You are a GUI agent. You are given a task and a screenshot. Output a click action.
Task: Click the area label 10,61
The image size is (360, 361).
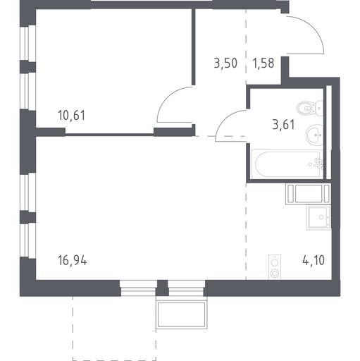point(72,115)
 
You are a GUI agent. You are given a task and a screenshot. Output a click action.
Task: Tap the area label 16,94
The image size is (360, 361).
point(73,261)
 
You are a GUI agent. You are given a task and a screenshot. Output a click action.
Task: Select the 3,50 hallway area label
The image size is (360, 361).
point(225,63)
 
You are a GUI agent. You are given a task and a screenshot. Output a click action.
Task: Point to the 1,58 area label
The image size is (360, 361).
point(263,63)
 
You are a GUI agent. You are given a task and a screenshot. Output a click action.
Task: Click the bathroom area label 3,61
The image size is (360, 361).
point(283,124)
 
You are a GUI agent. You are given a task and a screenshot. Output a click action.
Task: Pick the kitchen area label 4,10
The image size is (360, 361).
point(314,260)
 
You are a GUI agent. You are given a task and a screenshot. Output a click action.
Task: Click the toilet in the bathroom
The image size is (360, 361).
point(310,109)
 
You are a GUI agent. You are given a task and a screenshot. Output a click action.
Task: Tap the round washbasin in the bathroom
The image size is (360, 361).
point(315,135)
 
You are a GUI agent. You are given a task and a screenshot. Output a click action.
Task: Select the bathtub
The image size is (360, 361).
point(287,164)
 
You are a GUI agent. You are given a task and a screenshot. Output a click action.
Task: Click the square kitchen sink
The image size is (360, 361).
point(318,217)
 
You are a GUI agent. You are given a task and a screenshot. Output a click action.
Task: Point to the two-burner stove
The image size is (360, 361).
point(275,267)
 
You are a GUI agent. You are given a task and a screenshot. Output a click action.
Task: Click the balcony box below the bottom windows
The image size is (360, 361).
point(182,314)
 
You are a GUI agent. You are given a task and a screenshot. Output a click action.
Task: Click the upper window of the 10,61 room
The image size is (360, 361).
point(28,43)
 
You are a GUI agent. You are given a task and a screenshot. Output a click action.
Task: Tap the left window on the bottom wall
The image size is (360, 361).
point(138,288)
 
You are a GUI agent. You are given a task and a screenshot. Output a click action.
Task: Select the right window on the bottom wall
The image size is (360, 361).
point(187,288)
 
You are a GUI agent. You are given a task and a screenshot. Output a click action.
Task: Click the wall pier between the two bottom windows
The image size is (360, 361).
point(162,288)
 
